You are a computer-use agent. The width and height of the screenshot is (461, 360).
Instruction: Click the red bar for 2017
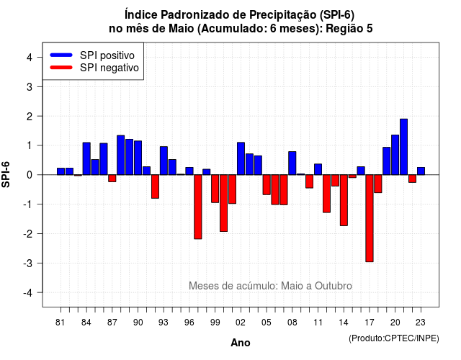pyautogui.click(x=370, y=218)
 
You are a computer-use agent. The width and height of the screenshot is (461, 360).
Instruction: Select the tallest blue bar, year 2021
pyautogui.click(x=403, y=147)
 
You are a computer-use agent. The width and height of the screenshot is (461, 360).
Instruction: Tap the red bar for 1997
pyautogui.click(x=198, y=207)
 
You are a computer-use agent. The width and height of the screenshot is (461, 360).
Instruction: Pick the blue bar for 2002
pyautogui.click(x=241, y=158)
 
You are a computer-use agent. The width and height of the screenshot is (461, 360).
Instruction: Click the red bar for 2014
pyautogui.click(x=344, y=200)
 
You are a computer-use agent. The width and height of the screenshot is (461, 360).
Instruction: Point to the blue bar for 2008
pyautogui.click(x=292, y=163)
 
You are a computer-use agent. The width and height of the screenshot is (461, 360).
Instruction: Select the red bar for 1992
pyautogui.click(x=155, y=186)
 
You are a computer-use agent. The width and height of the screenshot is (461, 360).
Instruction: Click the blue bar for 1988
pyautogui.click(x=120, y=156)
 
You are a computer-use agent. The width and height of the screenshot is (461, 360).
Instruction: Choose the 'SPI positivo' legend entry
pyautogui.click(x=93, y=55)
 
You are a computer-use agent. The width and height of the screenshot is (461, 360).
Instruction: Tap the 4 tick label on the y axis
pyautogui.click(x=30, y=58)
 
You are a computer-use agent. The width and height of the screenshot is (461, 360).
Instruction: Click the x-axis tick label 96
pyautogui.click(x=189, y=323)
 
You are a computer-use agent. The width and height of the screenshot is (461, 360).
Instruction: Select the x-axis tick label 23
pyautogui.click(x=421, y=323)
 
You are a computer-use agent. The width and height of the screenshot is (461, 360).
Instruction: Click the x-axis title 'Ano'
pyautogui.click(x=241, y=343)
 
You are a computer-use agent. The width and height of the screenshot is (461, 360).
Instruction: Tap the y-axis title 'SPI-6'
pyautogui.click(x=6, y=174)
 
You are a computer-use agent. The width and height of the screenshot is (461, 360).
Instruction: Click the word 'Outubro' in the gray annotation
pyautogui.click(x=333, y=286)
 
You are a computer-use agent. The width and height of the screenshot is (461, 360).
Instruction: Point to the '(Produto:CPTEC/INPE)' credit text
pyautogui.click(x=394, y=338)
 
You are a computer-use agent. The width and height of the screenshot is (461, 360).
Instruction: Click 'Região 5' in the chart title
pyautogui.click(x=349, y=29)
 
